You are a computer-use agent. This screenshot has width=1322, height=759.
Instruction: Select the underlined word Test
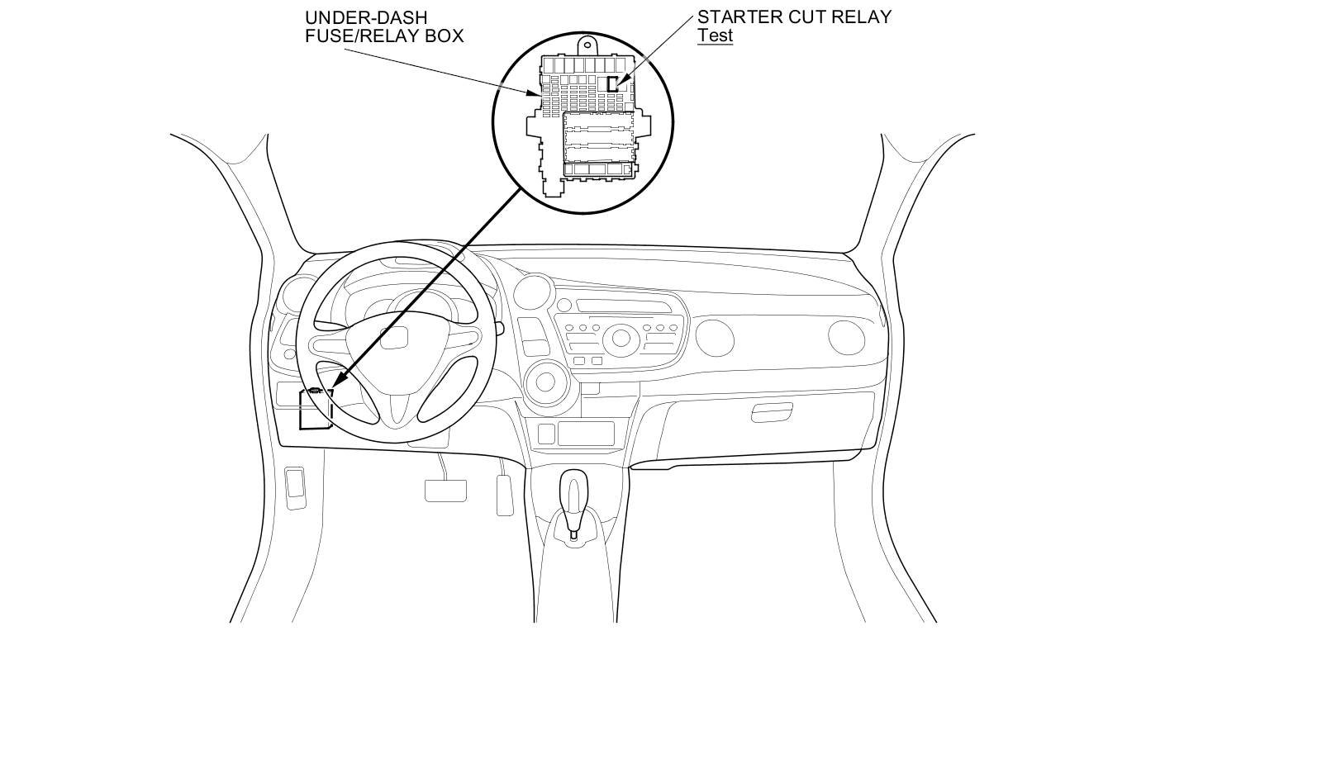715,36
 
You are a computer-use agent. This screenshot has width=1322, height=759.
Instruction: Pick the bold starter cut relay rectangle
612,83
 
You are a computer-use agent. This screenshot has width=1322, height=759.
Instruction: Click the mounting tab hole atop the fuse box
588,47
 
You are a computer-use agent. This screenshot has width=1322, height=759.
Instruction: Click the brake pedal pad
445,490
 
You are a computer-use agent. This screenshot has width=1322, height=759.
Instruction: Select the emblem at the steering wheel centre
395,337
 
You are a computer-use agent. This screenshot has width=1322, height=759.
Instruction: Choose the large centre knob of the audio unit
619,339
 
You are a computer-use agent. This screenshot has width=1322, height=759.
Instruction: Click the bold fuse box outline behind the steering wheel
315,410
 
